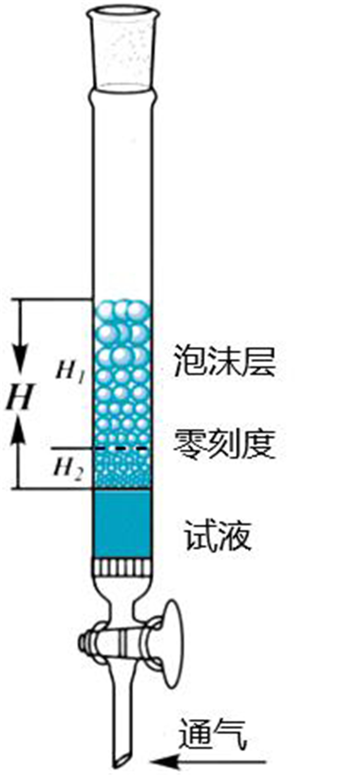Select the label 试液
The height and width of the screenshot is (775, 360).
218,537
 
